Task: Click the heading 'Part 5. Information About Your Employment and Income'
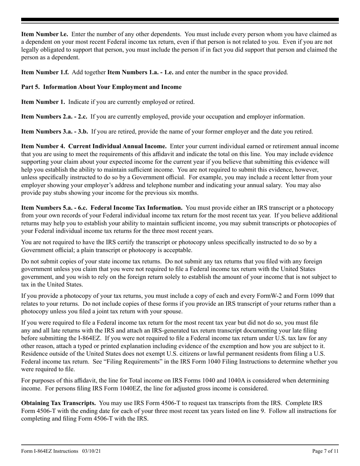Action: coord(101,87)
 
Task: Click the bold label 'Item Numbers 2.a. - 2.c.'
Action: coord(54,117)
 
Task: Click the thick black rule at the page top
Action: coord(180,20)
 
